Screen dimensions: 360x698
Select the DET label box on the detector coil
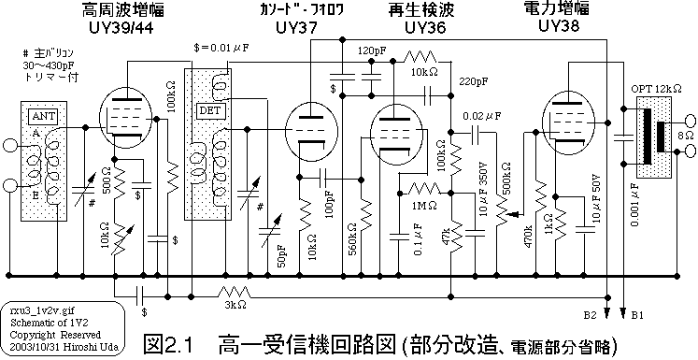pyautogui.click(x=207, y=110)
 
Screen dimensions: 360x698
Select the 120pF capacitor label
pyautogui.click(x=371, y=50)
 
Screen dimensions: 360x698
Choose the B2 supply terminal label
pyautogui.click(x=591, y=315)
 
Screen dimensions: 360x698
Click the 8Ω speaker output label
pyautogui.click(x=684, y=137)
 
